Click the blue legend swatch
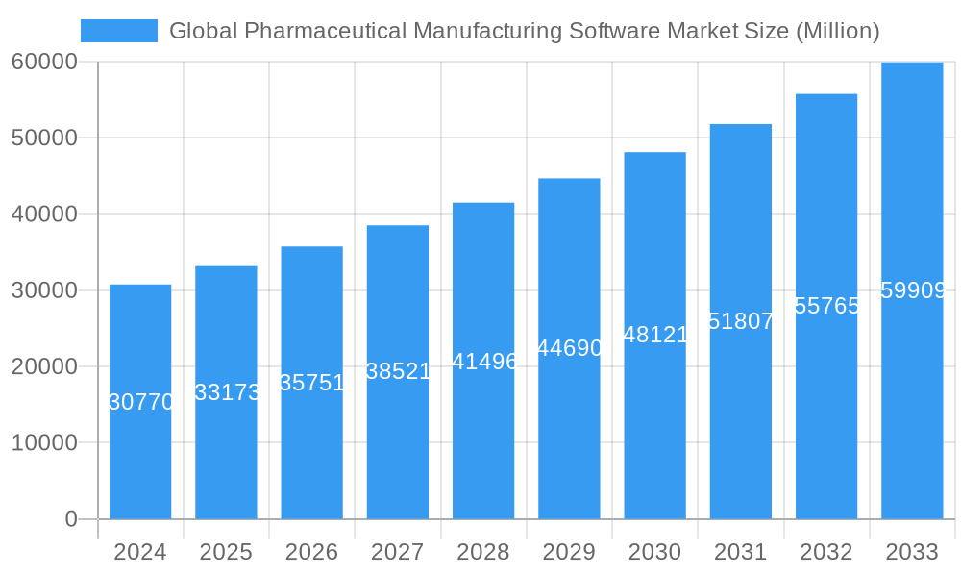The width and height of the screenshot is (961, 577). [x=118, y=31]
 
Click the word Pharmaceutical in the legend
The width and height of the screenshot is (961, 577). [x=324, y=31]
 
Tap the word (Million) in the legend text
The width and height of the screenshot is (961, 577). [x=837, y=31]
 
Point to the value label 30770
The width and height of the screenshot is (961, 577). [x=140, y=402]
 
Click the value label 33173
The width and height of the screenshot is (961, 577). [x=227, y=392]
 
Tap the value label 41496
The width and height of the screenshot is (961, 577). [x=484, y=362]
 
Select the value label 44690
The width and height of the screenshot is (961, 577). [x=569, y=348]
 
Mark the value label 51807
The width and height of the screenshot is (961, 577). [x=740, y=321]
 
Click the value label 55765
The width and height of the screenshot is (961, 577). [x=826, y=306]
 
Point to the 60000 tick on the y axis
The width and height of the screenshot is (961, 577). [x=44, y=62]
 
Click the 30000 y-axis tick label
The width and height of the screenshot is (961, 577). [x=44, y=290]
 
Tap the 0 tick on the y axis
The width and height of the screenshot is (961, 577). [x=70, y=519]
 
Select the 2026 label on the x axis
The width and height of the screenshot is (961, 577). [x=311, y=552]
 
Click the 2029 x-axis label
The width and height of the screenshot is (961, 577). [x=569, y=552]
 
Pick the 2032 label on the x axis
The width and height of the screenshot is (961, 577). [x=826, y=552]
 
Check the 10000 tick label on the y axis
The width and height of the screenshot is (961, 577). [x=44, y=443]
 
